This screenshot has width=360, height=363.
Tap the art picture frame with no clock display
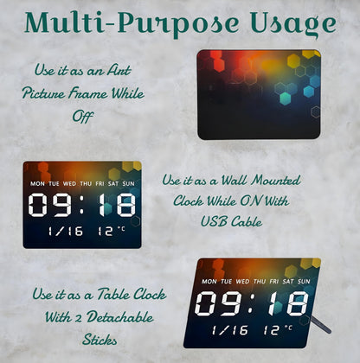point(258,93)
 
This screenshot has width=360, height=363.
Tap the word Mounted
point(270,181)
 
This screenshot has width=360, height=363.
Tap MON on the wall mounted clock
point(38,184)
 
